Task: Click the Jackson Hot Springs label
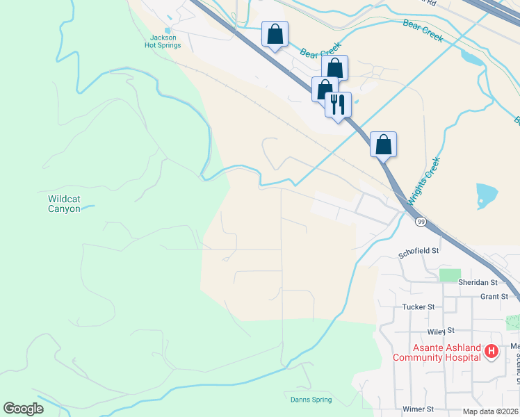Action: click(163, 41)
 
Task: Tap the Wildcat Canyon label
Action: click(64, 204)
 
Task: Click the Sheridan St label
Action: click(478, 282)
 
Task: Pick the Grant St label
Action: click(494, 297)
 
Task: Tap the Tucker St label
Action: click(418, 306)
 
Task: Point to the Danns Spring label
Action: click(311, 400)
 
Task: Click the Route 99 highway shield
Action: click(421, 222)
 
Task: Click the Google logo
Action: click(23, 409)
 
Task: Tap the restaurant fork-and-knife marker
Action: click(338, 105)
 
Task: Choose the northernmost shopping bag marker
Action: click(275, 34)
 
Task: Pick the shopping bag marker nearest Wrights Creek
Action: click(383, 145)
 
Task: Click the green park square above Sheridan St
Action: click(450, 275)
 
